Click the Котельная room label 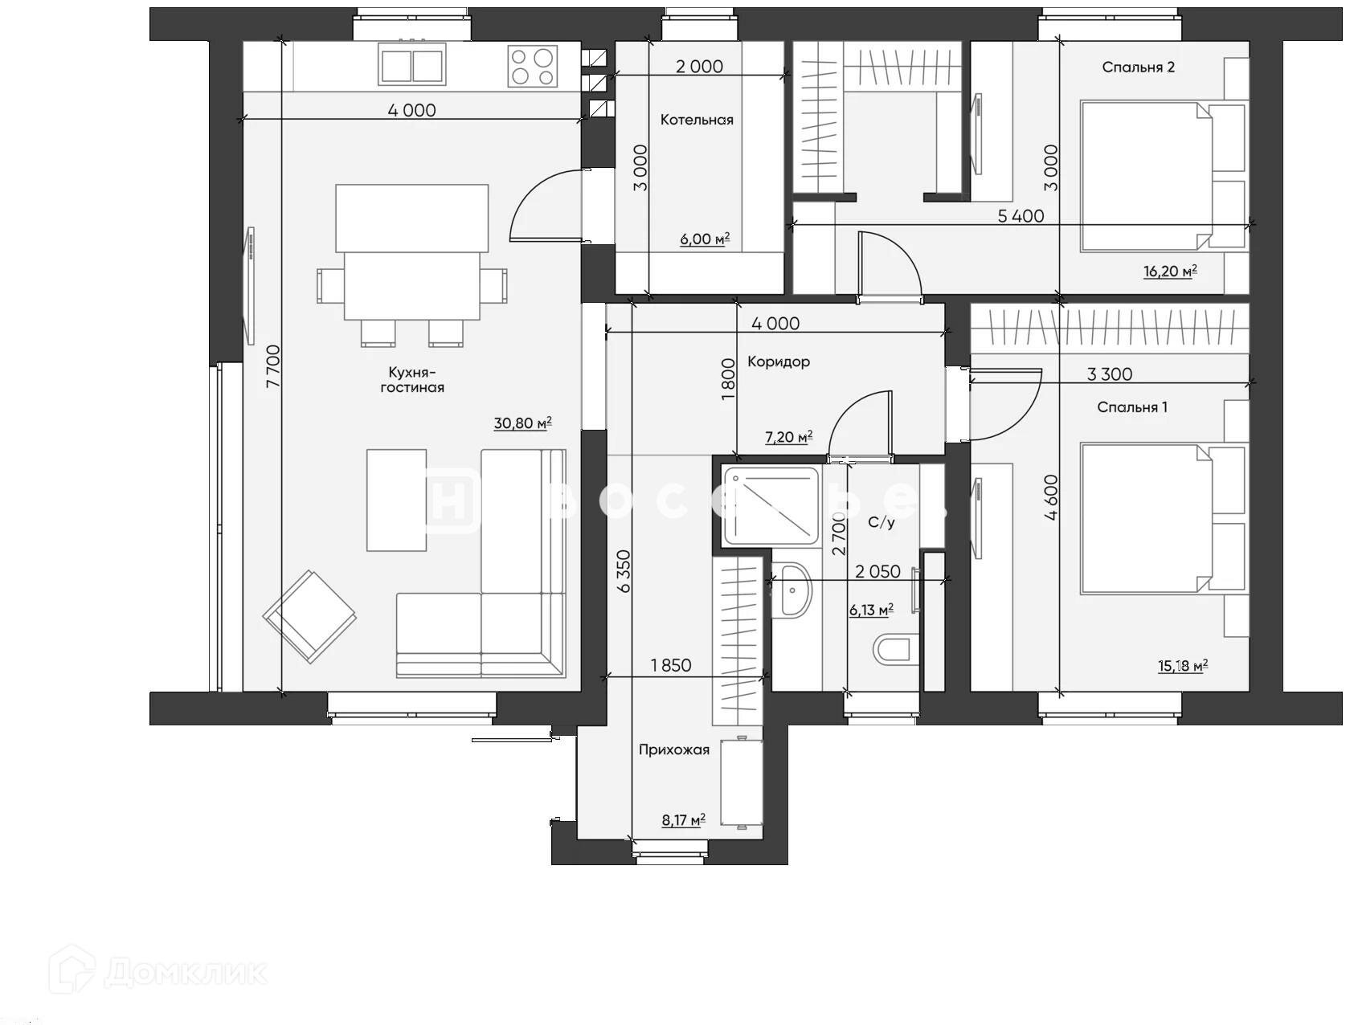tap(697, 120)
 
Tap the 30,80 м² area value tap(522, 423)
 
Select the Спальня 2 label tap(1138, 67)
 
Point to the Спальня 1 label tap(1132, 407)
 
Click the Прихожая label tap(674, 749)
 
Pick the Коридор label tap(779, 361)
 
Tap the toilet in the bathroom tap(895, 649)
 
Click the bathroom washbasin tap(793, 590)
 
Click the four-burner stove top tap(533, 66)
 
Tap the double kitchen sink tap(412, 66)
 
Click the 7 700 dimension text tap(273, 367)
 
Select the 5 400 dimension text tap(1021, 215)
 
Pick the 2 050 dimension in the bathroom tap(877, 571)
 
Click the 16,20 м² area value tap(1170, 271)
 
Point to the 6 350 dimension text tap(624, 571)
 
